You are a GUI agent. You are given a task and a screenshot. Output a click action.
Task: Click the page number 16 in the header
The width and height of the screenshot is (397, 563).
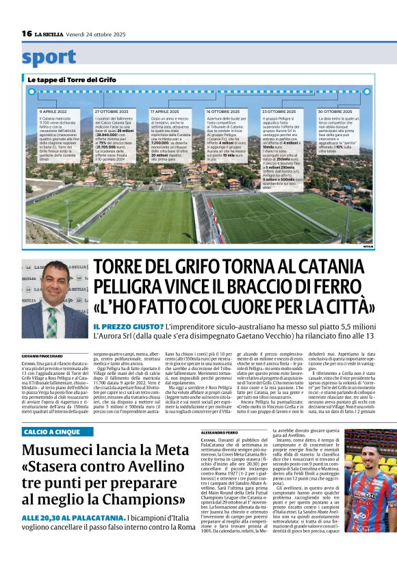27,34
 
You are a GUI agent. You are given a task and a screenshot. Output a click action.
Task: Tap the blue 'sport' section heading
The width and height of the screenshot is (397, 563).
49,57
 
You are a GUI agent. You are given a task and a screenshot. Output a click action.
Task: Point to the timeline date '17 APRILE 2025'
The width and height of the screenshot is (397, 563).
164,111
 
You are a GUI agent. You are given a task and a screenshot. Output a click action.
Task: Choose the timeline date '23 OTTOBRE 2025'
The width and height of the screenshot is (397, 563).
279,111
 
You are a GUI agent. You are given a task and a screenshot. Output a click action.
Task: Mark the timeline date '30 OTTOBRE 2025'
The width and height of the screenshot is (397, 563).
335,111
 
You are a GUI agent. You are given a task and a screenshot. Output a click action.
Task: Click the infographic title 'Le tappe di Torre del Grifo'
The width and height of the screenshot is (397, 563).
73,80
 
